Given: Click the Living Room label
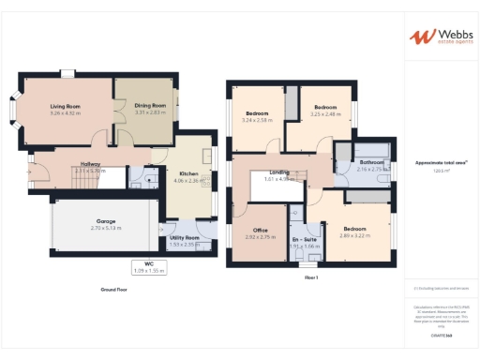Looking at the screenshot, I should pyautogui.click(x=66, y=106).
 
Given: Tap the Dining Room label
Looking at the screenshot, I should pyautogui.click(x=150, y=105).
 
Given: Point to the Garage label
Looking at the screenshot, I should pyautogui.click(x=106, y=221).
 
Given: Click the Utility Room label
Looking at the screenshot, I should pyautogui.click(x=184, y=238).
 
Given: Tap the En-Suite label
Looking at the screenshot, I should pyautogui.click(x=303, y=239).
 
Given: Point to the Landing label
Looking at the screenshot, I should pyautogui.click(x=279, y=172).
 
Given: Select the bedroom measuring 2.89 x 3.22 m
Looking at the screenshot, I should pyautogui.click(x=354, y=229).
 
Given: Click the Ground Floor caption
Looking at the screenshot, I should pyautogui.click(x=113, y=290).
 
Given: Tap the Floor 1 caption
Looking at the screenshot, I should pyautogui.click(x=311, y=278).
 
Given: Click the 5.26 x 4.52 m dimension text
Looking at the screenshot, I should pyautogui.click(x=66, y=112).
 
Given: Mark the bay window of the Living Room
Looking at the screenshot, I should pyautogui.click(x=11, y=109).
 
